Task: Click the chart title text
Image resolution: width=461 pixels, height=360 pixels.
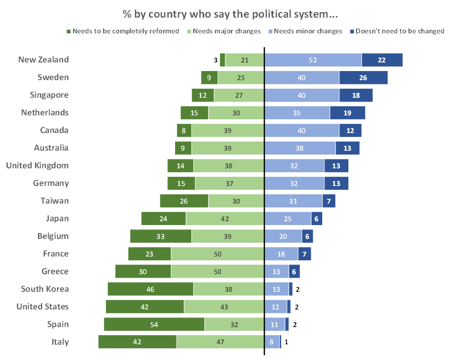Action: (230, 14)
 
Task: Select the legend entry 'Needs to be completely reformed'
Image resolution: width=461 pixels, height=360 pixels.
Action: (126, 31)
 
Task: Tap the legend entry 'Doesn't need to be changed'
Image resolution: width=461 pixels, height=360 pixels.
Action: (400, 31)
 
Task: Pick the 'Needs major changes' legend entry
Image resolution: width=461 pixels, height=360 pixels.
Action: (226, 31)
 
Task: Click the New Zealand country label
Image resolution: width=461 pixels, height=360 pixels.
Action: (43, 60)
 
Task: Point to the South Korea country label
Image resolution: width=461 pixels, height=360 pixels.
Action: (45, 289)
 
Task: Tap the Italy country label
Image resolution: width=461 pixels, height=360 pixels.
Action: (60, 342)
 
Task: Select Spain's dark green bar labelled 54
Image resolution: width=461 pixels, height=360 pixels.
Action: (154, 324)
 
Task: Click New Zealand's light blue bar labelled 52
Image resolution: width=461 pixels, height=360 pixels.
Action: (313, 60)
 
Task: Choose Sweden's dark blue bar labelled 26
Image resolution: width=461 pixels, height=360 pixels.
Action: (363, 78)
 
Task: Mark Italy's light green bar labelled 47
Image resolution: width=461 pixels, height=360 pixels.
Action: (220, 342)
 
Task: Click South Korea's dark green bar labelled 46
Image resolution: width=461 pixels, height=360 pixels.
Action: (150, 289)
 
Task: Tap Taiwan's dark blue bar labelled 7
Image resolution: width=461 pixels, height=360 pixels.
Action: (329, 201)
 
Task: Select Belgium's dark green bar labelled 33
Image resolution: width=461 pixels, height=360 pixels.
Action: (161, 236)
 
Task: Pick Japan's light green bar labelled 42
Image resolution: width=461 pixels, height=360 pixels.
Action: (225, 218)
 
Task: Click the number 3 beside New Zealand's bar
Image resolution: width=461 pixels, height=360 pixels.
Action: (216, 60)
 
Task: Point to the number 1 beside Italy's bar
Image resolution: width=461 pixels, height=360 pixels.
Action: (286, 342)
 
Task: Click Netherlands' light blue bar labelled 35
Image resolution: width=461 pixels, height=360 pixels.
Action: (297, 113)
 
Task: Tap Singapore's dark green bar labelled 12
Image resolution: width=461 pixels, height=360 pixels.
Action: (203, 95)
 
